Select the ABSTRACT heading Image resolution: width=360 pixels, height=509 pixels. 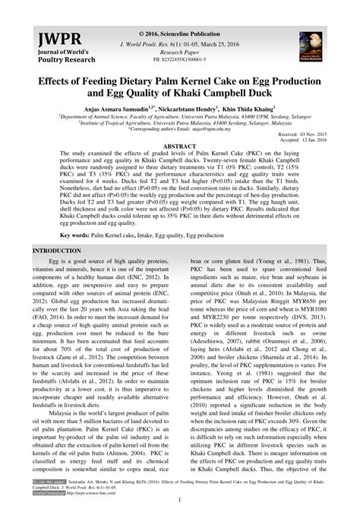click(x=180, y=144)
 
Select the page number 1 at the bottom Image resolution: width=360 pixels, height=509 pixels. click(x=180, y=499)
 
